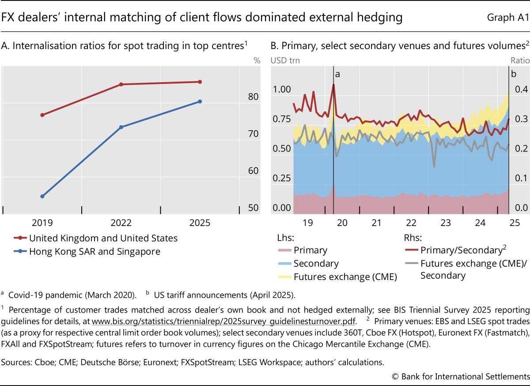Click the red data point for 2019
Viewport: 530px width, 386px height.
coord(42,115)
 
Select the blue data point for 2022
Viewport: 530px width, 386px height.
coord(121,127)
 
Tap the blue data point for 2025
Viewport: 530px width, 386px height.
coord(200,102)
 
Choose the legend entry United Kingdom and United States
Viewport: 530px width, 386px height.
coord(103,238)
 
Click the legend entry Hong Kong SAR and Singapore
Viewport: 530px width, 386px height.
coord(95,251)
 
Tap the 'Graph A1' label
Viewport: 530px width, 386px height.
coord(508,18)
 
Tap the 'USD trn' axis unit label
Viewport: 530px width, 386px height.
coord(285,61)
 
